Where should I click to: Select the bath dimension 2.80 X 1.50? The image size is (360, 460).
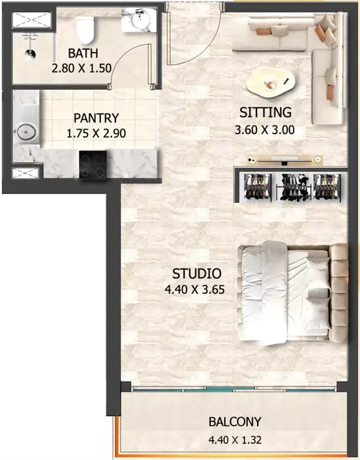coord(82,69)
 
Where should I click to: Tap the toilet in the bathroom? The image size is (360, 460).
coord(85,30)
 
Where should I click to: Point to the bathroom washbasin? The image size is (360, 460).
coord(140,20)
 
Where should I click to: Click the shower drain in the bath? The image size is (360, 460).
coord(30,54)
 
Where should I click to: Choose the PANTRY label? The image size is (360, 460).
coord(96,118)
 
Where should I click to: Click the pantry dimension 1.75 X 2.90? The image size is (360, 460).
coord(96,134)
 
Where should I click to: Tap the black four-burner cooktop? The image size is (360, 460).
coord(93,164)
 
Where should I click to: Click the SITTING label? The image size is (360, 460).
coord(265,112)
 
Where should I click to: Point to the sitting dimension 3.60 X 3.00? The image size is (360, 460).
coord(265,129)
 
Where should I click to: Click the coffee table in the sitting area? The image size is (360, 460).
coord(270,84)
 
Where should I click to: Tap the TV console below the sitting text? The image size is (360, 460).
coord(284,160)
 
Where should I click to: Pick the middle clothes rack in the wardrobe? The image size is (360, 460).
coord(293,187)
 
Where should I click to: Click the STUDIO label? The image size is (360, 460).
coord(197,274)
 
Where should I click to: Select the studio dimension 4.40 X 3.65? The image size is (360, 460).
coord(195,290)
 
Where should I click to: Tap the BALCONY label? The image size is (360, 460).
coord(235,422)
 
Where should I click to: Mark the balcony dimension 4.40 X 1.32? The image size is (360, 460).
coord(235,440)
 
